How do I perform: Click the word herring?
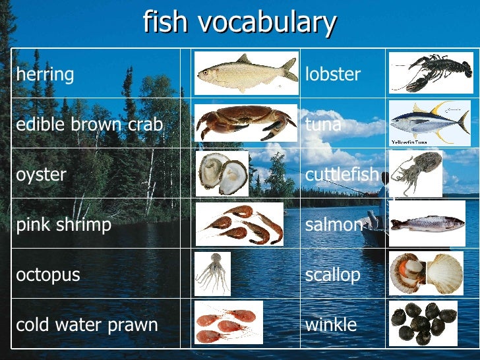(45, 75)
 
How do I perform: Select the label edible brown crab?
(89, 125)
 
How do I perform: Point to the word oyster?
(41, 175)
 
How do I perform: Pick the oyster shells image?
(222, 173)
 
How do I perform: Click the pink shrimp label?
(64, 225)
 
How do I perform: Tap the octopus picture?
(212, 272)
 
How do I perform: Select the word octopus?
(48, 274)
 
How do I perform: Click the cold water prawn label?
(87, 324)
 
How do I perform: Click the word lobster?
(333, 75)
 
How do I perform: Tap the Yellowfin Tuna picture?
(429, 123)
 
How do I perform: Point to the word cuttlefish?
(342, 175)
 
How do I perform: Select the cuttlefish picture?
(415, 172)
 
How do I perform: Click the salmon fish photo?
(427, 223)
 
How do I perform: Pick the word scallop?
(333, 274)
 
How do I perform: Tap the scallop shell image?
(426, 272)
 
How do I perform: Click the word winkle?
(331, 324)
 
